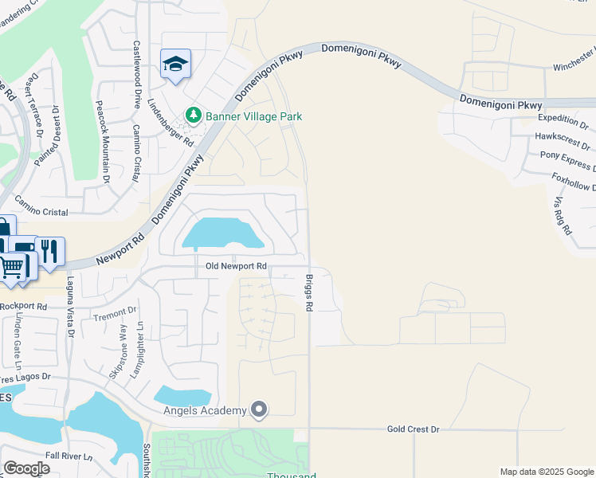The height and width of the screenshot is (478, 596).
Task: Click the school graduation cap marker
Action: coord(175,65)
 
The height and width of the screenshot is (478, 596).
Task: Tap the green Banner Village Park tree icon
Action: coord(193,116)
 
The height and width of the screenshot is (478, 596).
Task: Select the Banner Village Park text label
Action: coord(253,116)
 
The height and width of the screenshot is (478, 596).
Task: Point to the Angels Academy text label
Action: coord(204,410)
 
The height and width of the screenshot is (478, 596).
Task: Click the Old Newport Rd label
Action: coord(235,266)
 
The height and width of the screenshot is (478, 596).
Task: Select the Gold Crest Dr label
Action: coord(413,429)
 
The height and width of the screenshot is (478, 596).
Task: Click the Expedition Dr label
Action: coord(562,126)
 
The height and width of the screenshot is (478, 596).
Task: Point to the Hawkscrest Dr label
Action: coord(563,141)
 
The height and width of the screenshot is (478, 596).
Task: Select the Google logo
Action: coord(27,468)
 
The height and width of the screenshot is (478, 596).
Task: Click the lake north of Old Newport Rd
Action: coord(224,234)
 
